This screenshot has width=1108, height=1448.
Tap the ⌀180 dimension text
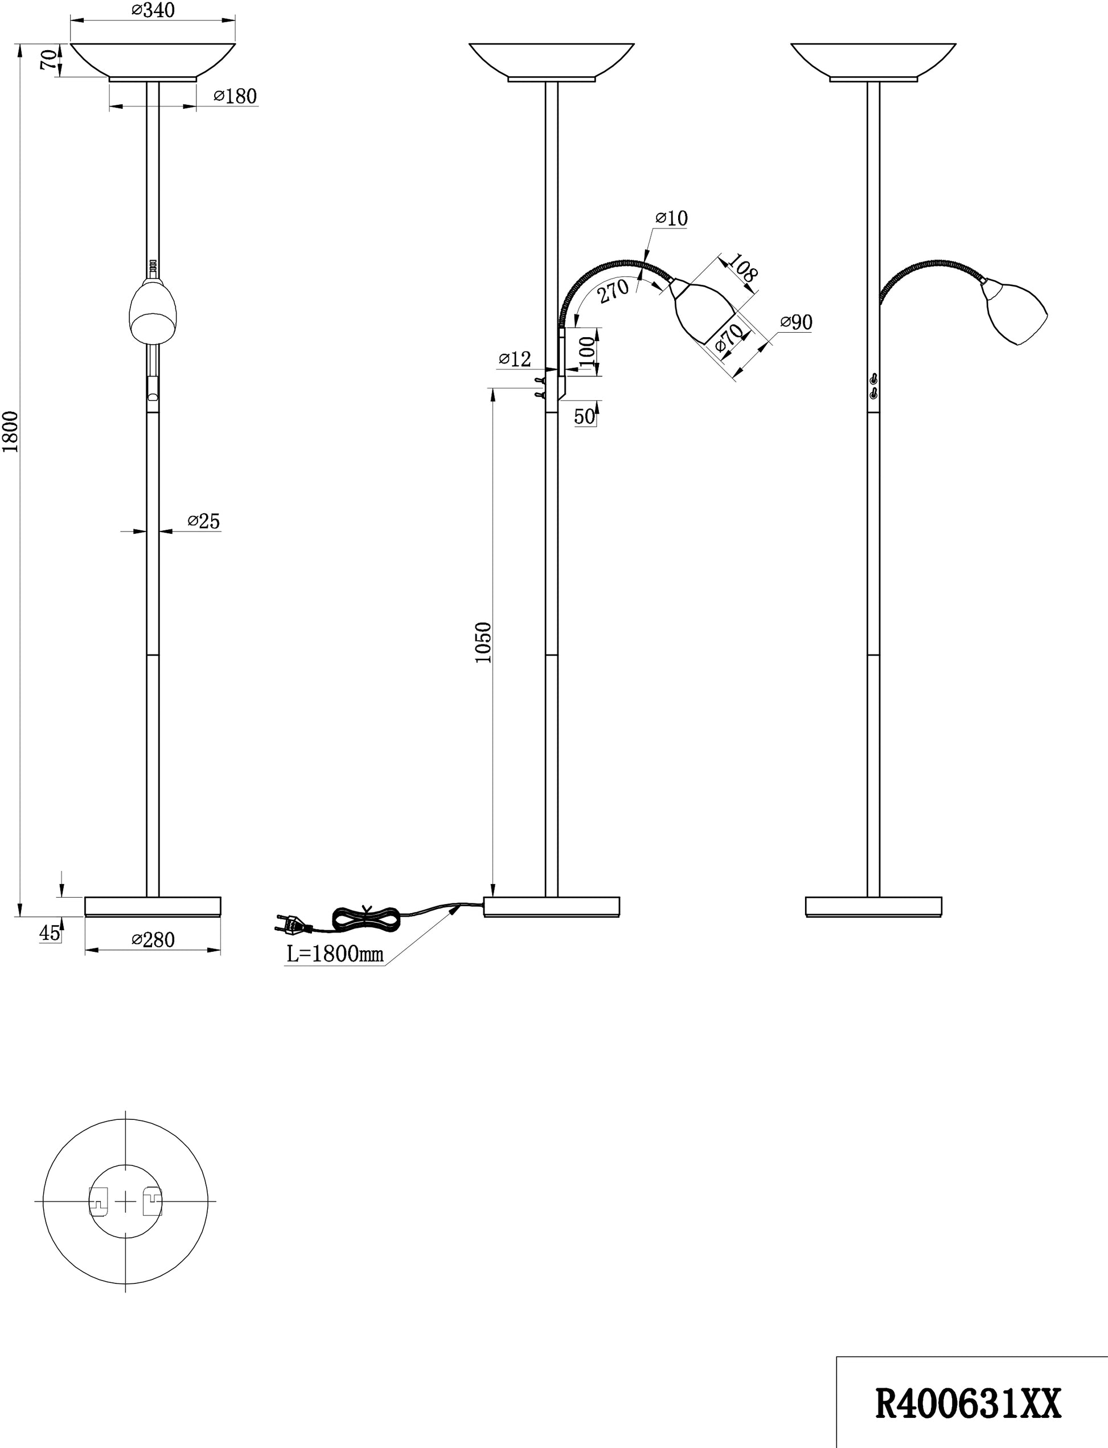(x=235, y=96)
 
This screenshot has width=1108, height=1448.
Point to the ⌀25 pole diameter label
(x=203, y=521)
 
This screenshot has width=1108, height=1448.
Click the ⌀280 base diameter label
(x=153, y=939)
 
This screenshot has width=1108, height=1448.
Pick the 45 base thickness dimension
(x=50, y=934)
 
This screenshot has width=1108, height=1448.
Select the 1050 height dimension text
(x=483, y=643)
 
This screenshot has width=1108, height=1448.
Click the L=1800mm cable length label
(x=335, y=954)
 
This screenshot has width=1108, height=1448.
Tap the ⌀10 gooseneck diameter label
(x=671, y=218)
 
